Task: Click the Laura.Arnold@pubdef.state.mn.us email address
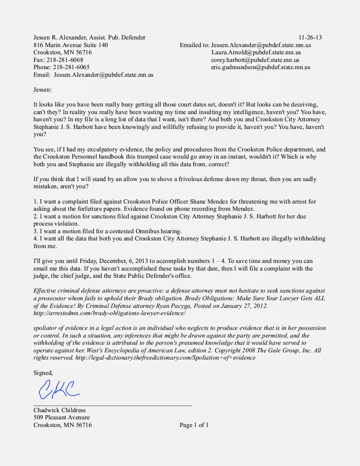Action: (256, 53)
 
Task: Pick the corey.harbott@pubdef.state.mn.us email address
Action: (255, 60)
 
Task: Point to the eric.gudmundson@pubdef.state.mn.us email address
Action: (260, 67)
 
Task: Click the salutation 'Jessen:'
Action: (43, 89)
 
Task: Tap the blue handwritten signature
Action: (59, 389)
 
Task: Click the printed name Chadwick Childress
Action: (59, 410)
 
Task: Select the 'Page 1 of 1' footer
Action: (194, 425)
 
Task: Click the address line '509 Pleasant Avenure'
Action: (61, 417)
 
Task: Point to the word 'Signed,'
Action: (43, 373)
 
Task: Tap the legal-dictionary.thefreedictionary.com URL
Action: (165, 357)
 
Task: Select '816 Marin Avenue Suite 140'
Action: (70, 45)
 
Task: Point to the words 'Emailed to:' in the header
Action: (194, 45)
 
